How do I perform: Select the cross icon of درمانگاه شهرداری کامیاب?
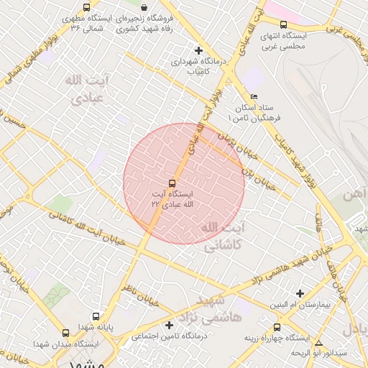point(199,50)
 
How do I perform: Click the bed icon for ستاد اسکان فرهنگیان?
point(254,96)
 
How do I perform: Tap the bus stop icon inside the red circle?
point(172,183)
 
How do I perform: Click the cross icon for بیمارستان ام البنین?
point(300,293)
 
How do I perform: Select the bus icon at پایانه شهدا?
point(96,316)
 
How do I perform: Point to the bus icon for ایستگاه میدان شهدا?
point(66,333)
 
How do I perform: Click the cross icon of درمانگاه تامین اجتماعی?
point(169,325)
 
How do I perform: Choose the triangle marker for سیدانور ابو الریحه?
point(318,344)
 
